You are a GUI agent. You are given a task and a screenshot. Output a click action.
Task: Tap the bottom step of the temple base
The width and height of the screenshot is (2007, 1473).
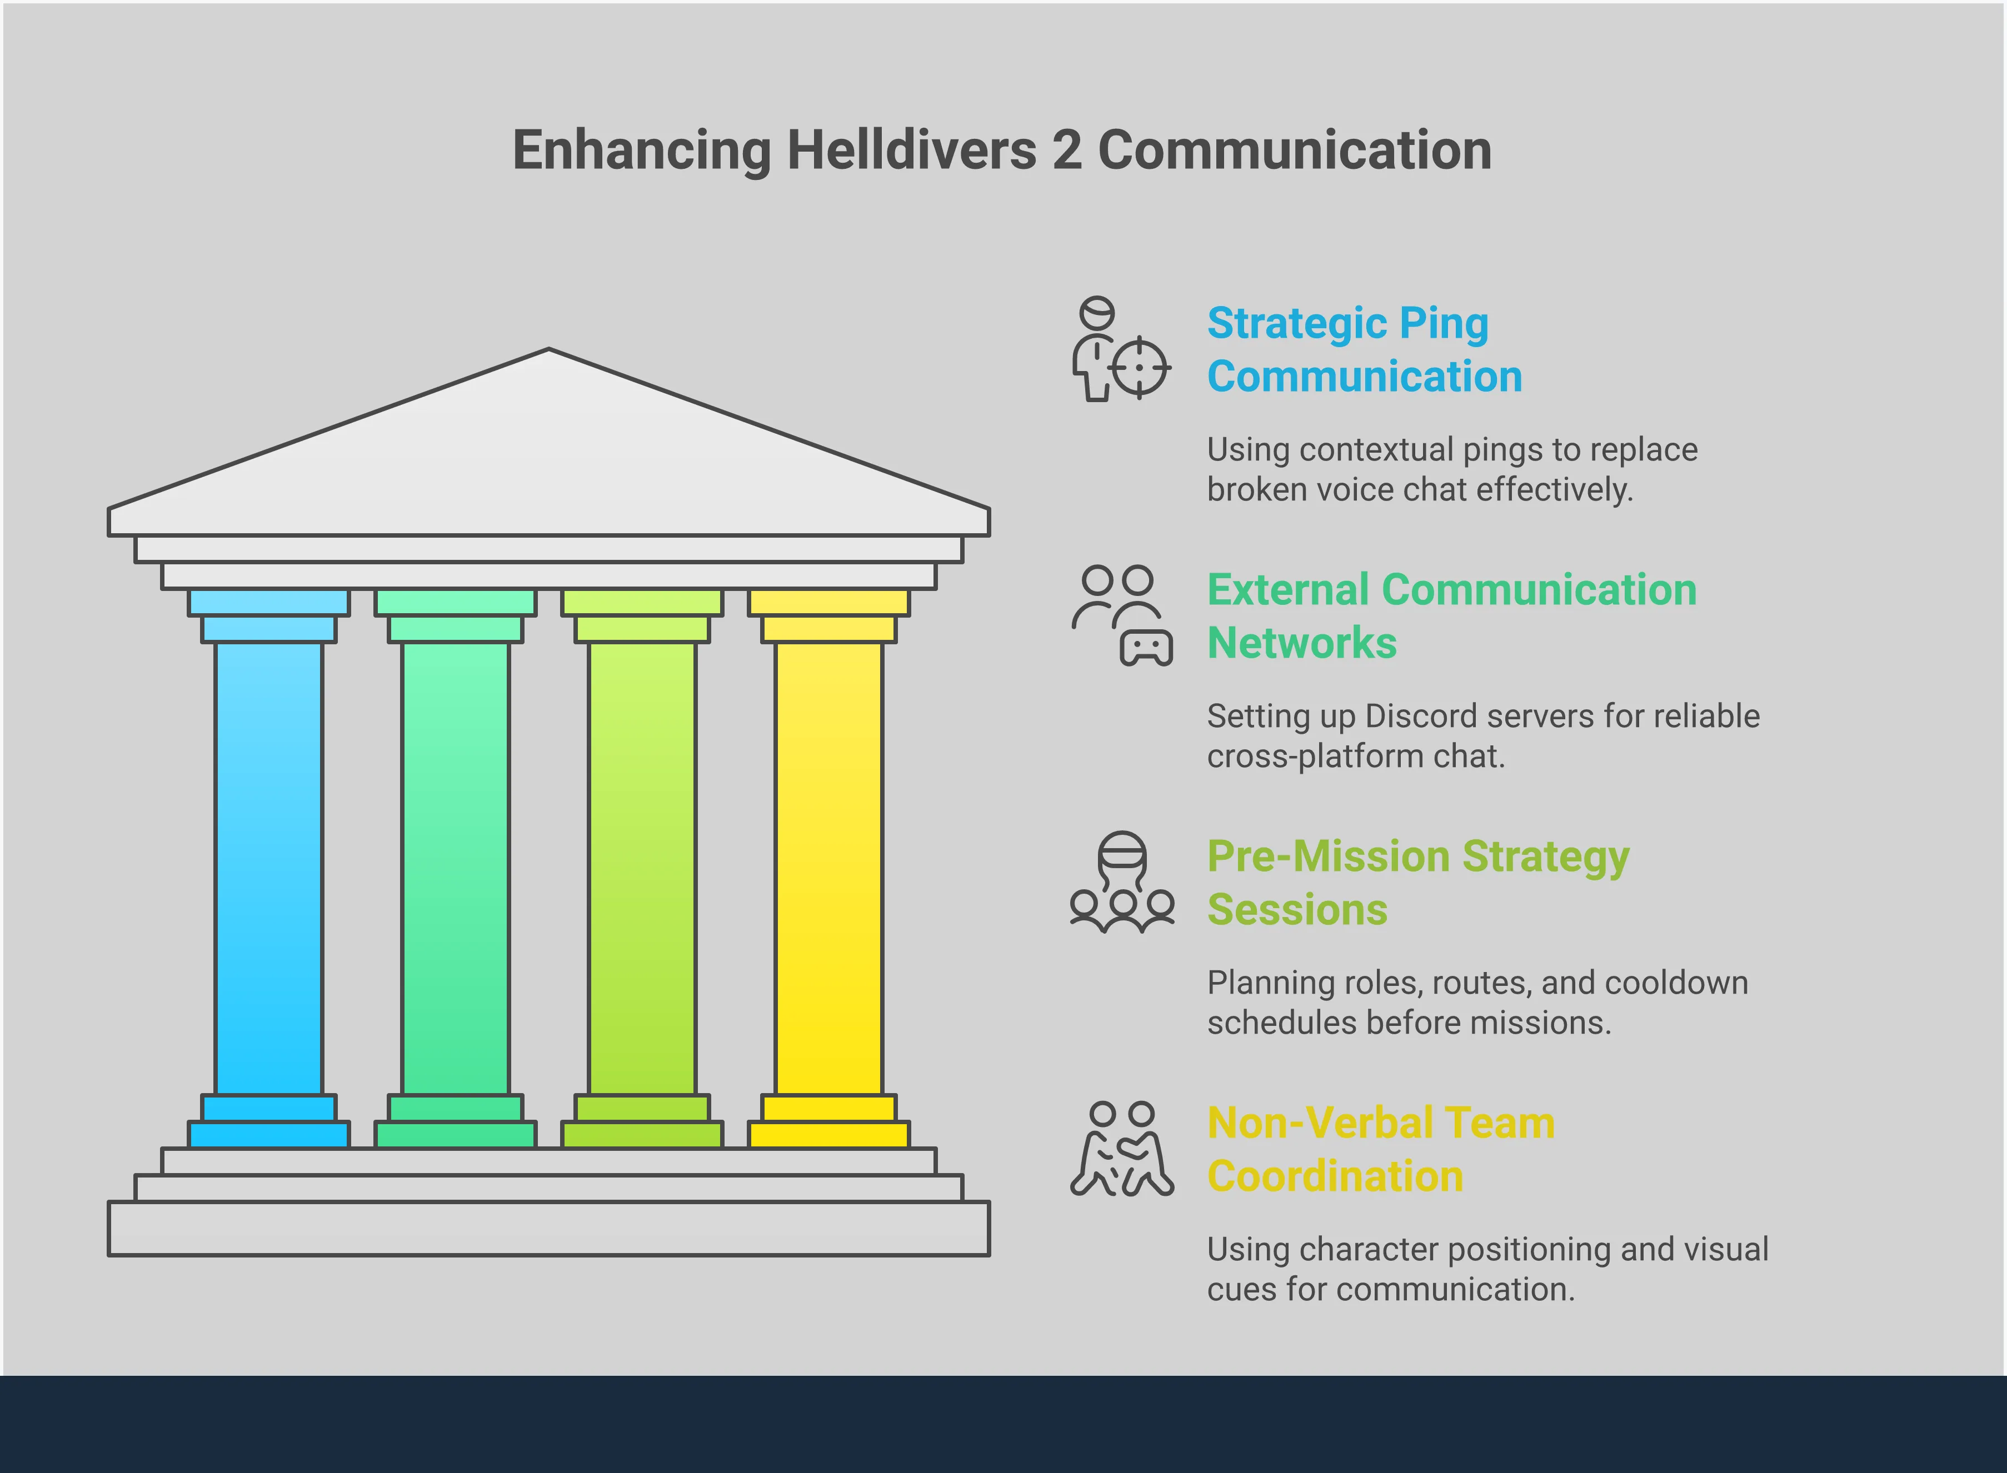click(x=548, y=1228)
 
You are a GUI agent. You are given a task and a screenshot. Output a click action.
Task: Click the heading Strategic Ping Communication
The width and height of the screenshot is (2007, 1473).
click(x=1364, y=349)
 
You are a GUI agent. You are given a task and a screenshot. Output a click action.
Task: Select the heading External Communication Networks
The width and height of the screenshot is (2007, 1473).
click(x=1451, y=616)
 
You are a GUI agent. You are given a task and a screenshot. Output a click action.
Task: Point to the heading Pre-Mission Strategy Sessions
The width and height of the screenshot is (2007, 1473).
click(x=1417, y=883)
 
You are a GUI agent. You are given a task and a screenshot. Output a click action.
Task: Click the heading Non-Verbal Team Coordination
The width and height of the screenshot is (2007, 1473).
click(x=1380, y=1149)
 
